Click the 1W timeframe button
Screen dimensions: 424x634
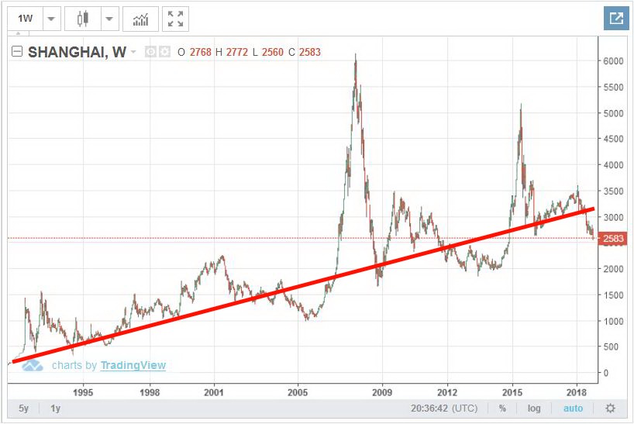click(x=26, y=19)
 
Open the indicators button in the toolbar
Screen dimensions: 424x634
click(x=140, y=19)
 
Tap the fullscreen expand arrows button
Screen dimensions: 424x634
click(x=176, y=19)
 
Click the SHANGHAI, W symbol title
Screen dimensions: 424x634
click(x=77, y=53)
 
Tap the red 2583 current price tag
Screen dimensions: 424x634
click(x=614, y=239)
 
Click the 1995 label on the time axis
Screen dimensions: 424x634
click(x=84, y=392)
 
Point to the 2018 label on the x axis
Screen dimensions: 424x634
click(x=577, y=392)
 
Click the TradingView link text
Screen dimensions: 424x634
click(x=133, y=365)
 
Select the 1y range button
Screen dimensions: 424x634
click(x=56, y=408)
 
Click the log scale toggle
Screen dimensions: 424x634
click(x=535, y=408)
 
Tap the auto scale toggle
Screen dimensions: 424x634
click(x=573, y=408)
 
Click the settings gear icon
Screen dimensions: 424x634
click(x=611, y=408)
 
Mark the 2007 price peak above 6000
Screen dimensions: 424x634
click(x=355, y=55)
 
